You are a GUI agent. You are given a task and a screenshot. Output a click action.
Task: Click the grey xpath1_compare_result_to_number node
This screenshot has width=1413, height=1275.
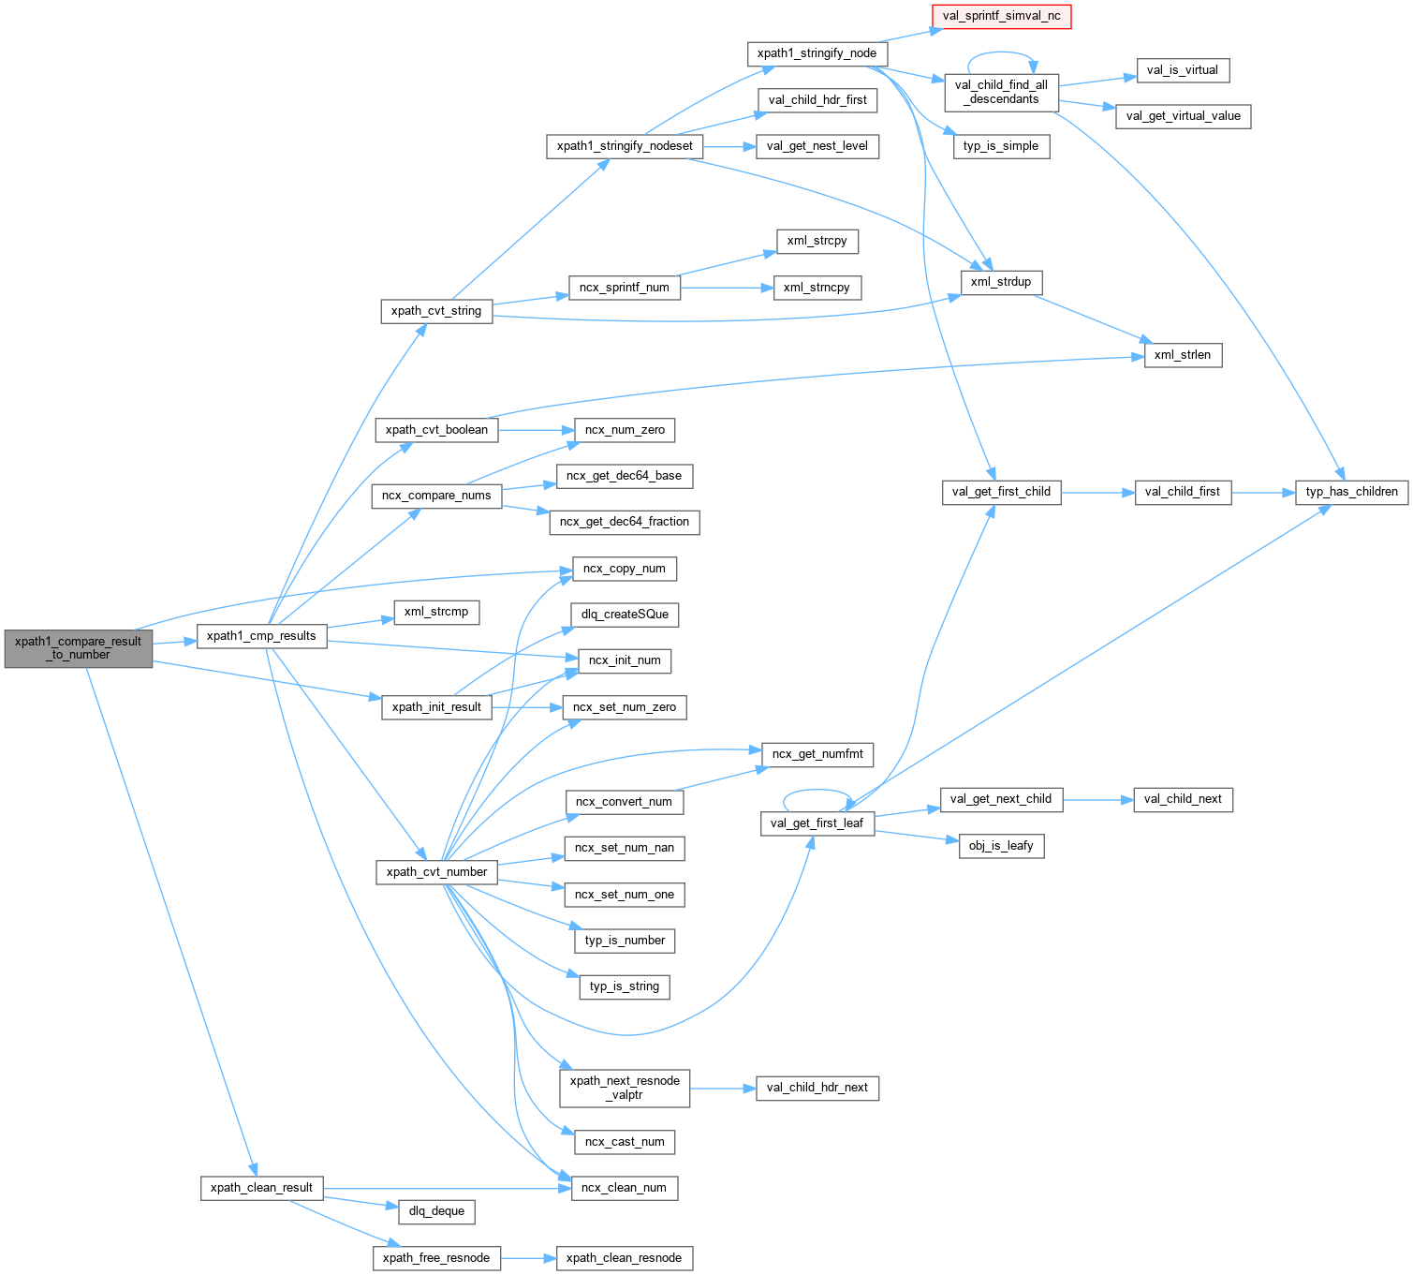[x=78, y=648]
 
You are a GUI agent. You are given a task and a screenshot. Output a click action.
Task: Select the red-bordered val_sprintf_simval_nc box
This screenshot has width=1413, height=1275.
[x=1001, y=16]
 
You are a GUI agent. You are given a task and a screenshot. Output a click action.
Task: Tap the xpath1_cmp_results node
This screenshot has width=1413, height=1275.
[x=261, y=636]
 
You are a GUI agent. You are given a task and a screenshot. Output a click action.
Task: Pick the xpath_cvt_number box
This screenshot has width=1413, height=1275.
[x=437, y=872]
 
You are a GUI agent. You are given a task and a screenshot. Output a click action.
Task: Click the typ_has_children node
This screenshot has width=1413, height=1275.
[x=1351, y=492]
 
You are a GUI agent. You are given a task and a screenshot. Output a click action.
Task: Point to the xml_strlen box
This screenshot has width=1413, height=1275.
[x=1183, y=355]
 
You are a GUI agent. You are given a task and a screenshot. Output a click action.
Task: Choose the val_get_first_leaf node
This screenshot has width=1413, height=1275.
[x=817, y=823]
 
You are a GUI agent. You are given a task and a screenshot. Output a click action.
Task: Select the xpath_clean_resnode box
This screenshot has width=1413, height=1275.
[x=624, y=1258]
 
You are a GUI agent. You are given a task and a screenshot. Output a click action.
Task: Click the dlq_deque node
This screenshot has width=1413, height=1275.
[x=436, y=1211]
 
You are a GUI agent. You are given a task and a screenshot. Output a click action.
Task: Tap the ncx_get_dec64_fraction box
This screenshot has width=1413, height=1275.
[x=624, y=522]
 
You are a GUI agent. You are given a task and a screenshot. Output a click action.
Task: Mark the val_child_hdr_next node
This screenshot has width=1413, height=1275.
[x=817, y=1088]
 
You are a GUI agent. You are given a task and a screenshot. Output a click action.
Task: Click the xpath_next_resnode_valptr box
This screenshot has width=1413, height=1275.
[x=625, y=1088]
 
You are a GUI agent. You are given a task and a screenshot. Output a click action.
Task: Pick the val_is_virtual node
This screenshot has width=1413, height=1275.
[x=1182, y=70]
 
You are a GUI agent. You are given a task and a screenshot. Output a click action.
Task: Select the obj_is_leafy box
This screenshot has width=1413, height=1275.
[x=1000, y=846]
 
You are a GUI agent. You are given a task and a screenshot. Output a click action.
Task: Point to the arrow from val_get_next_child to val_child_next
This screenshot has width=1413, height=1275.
[x=1097, y=800]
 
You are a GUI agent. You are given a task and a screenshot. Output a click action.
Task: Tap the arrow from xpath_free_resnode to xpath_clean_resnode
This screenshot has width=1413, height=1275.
[x=528, y=1258]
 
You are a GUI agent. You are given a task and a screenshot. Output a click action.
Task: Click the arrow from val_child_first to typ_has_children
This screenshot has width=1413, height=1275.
[x=1263, y=492]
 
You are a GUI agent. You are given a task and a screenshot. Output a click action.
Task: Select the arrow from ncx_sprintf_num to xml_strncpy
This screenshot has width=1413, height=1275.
[x=726, y=288]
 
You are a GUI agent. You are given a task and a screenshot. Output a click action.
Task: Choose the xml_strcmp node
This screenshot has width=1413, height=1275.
[x=436, y=613]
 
